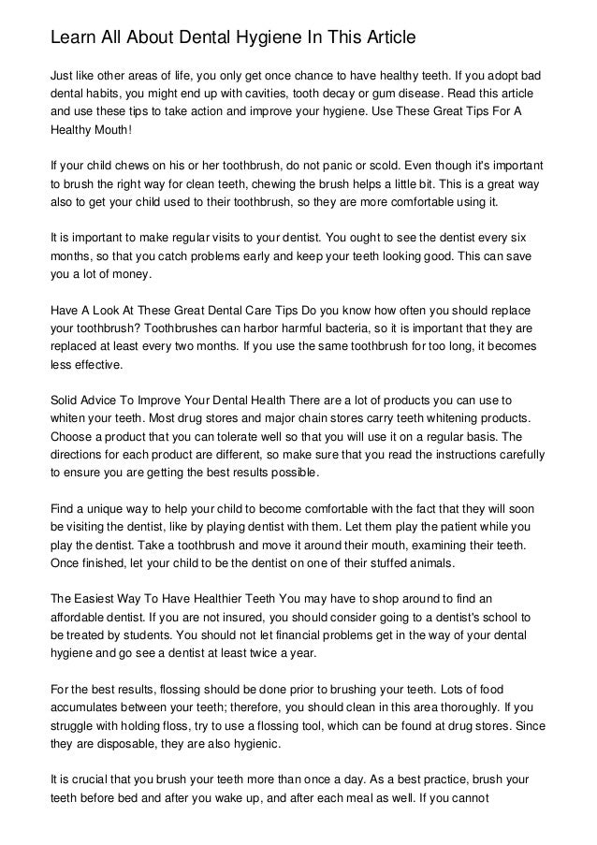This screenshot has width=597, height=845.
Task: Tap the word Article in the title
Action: (386, 38)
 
